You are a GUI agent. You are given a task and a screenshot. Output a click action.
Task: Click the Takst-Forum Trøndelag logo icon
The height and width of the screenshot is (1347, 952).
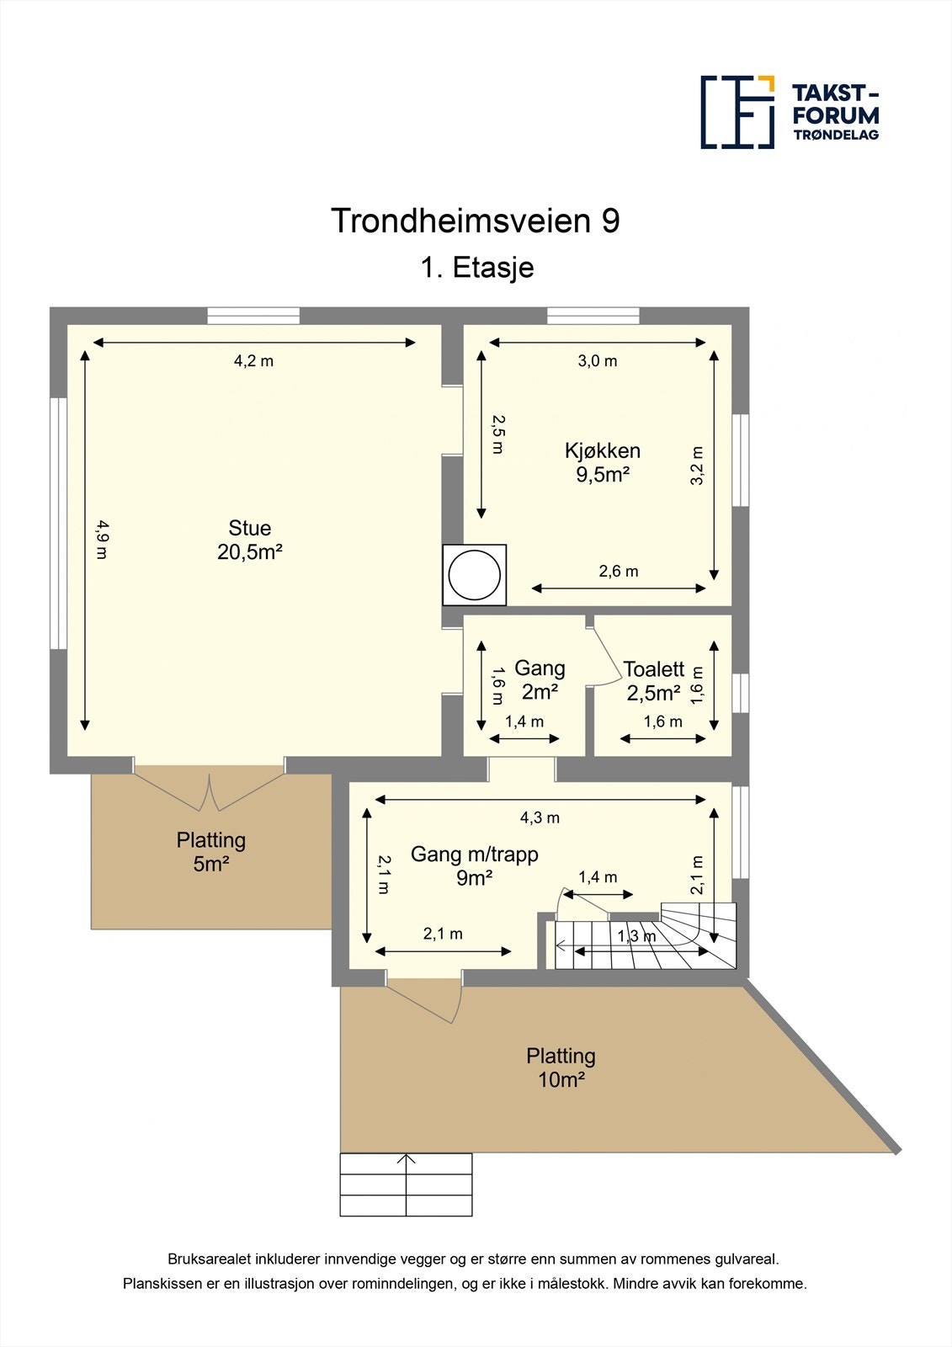pos(737,112)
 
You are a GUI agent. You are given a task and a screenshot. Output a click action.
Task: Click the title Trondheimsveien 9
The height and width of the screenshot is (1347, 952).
pos(476,221)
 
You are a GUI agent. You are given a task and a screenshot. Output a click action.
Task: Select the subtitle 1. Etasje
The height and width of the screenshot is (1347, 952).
pos(477,268)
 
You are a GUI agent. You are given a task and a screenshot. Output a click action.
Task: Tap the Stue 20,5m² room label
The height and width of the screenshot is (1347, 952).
pos(249,540)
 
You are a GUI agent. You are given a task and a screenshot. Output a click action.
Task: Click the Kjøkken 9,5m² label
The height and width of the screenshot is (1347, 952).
pos(603,462)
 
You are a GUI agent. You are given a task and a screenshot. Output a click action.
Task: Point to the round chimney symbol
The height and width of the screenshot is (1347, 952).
pos(475,575)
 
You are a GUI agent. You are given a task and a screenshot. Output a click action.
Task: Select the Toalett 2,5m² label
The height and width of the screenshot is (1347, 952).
pos(653,681)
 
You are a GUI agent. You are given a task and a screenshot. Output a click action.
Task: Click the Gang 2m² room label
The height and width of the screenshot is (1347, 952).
pos(540,679)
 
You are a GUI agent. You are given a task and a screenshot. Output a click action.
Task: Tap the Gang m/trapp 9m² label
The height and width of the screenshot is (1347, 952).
pos(474,865)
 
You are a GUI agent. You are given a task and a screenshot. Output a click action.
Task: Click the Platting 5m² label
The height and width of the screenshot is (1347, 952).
pos(211,851)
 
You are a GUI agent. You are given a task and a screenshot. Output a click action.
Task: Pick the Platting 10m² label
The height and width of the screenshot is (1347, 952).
pos(561,1067)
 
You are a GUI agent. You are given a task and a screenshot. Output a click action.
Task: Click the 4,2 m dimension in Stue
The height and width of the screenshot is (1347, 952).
pos(253,361)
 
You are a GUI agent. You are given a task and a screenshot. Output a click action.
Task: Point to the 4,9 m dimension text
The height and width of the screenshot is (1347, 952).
pos(102,540)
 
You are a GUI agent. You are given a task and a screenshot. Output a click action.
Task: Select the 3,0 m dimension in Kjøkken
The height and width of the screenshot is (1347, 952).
pos(597,361)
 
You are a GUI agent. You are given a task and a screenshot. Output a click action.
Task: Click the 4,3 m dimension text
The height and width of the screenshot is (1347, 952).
pos(540,817)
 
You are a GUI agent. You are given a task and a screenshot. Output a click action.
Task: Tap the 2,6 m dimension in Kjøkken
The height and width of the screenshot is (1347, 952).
pos(619,572)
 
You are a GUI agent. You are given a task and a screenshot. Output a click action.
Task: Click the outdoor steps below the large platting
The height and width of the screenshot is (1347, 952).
pos(406,1185)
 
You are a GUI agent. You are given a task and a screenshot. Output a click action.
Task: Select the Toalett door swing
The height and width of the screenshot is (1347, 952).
pos(603,658)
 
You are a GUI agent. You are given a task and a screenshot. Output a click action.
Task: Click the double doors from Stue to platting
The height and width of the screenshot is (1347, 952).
pos(210,790)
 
